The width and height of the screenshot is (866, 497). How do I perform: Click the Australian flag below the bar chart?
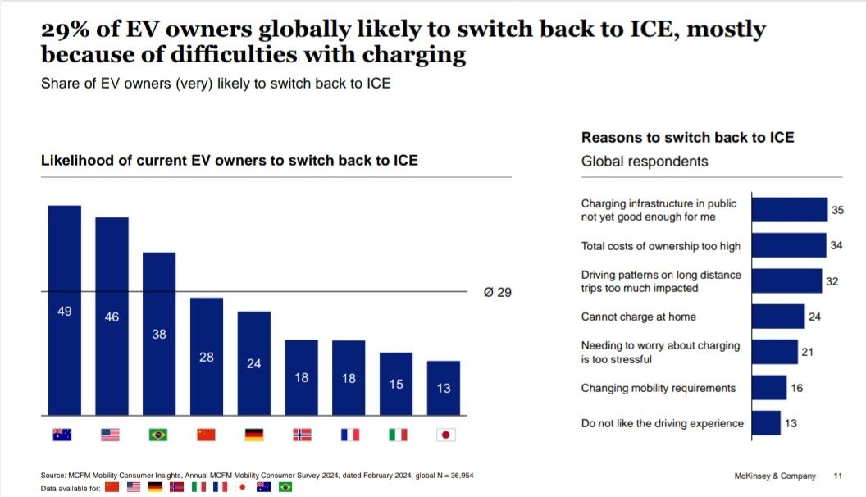(62, 435)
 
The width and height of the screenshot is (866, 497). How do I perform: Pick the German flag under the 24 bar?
(253, 435)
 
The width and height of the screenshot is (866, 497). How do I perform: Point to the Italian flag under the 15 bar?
(397, 435)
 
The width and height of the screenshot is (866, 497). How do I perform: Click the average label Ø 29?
(498, 292)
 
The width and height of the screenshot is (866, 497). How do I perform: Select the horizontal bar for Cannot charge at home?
(777, 317)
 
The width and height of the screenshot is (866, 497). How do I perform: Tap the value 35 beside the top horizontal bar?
(837, 211)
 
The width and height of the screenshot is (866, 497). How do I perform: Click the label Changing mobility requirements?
(659, 388)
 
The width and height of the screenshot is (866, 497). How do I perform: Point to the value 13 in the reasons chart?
(791, 423)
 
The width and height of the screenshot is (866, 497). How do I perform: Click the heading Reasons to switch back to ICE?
(687, 138)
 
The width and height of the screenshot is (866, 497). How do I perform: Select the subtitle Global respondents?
(645, 161)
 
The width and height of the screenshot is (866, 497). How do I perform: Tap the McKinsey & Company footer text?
(775, 476)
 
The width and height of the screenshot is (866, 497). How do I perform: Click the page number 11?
(837, 476)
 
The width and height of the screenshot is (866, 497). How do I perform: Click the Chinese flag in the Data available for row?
(112, 487)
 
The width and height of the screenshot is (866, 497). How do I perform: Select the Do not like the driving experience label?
(662, 423)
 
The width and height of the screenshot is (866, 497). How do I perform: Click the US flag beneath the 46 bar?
(111, 435)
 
